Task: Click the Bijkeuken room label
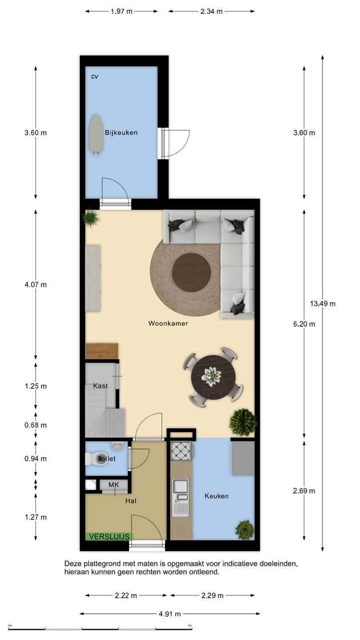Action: click(x=121, y=132)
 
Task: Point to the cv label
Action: click(x=95, y=76)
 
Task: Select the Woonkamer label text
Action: click(x=168, y=324)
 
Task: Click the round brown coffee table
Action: click(x=191, y=272)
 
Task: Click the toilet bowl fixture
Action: click(x=96, y=458)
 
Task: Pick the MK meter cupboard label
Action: click(x=114, y=485)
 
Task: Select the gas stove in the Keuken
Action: click(x=181, y=451)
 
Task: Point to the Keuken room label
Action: click(x=216, y=496)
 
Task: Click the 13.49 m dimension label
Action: click(x=323, y=304)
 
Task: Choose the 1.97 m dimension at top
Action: click(x=121, y=12)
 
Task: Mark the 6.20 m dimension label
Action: click(x=304, y=324)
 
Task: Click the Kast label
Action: click(x=100, y=386)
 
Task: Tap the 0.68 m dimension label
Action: click(x=36, y=425)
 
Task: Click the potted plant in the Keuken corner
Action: click(x=245, y=530)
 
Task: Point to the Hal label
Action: click(x=131, y=501)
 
